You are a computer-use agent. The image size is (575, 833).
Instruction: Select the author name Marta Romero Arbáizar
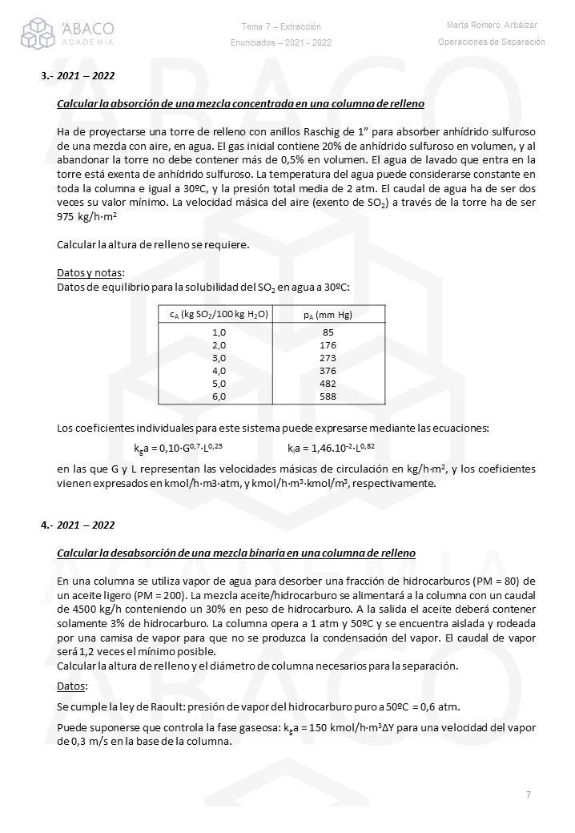click(491, 26)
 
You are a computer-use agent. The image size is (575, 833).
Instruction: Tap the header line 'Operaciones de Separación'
click(491, 42)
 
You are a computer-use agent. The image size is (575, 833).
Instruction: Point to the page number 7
click(529, 795)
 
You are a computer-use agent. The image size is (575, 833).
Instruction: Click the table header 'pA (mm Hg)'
click(328, 315)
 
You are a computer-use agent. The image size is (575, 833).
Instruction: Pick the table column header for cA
click(219, 315)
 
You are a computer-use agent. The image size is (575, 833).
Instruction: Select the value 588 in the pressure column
click(328, 396)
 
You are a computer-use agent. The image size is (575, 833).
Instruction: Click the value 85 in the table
click(328, 332)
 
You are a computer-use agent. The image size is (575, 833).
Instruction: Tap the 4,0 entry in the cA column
click(219, 370)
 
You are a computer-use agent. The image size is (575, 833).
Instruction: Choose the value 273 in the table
click(328, 357)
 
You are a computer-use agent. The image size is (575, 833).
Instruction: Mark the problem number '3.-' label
click(46, 76)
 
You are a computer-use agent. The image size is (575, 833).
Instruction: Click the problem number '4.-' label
click(46, 525)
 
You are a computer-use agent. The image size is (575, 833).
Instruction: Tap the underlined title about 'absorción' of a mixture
click(240, 105)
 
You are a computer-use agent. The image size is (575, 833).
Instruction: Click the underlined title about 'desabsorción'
click(236, 553)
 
